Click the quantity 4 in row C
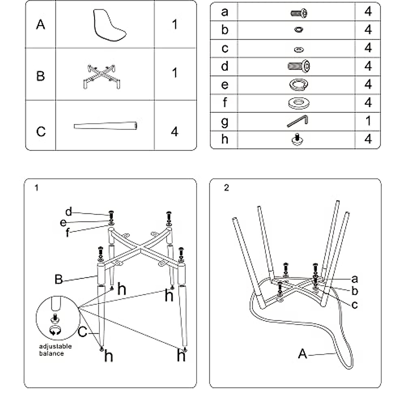point(174,131)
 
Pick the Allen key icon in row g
point(298,121)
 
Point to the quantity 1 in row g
point(368,121)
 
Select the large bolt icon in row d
point(299,66)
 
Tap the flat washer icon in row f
point(299,103)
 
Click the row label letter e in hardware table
point(225,85)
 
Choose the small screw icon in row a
point(299,13)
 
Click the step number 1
point(36,188)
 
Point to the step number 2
point(226,188)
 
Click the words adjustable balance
point(55,350)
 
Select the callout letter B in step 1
point(59,279)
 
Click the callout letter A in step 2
point(302,354)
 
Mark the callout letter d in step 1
point(69,212)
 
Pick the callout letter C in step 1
point(83,332)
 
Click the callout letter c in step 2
point(354,304)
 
